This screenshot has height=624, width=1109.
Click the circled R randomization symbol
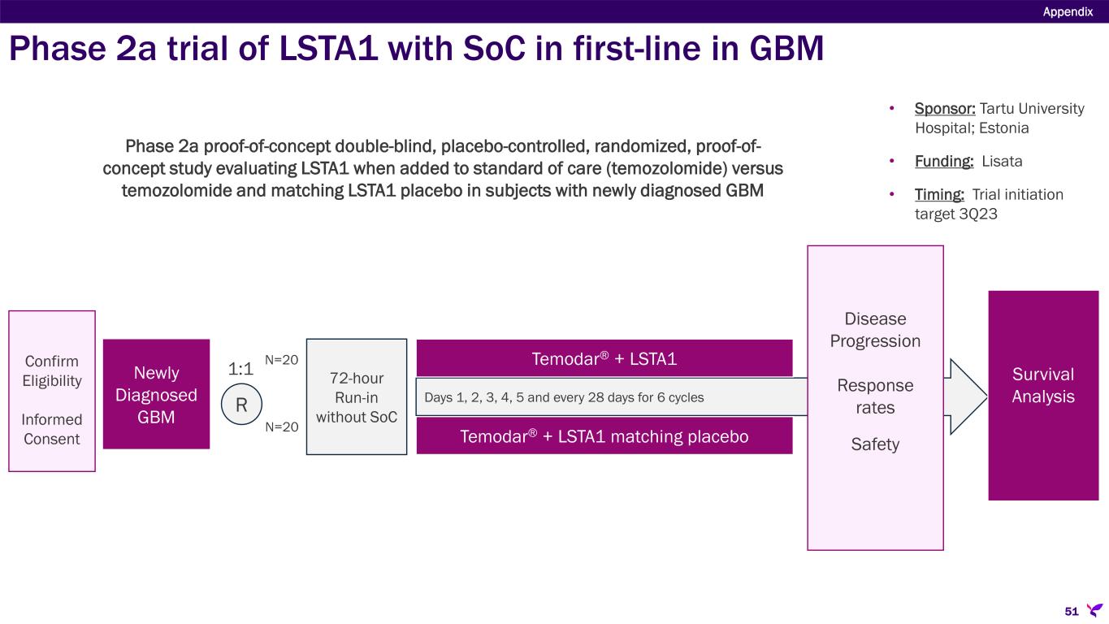click(241, 404)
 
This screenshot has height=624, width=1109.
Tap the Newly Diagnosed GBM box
click(156, 393)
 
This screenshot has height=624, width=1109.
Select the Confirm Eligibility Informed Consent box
click(52, 391)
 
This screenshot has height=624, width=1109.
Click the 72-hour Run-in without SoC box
click(356, 396)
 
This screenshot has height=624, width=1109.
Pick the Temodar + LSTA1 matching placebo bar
click(604, 436)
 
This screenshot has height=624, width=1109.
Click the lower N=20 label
click(282, 427)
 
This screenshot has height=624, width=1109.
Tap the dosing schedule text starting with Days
click(564, 398)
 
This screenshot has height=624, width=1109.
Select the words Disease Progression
click(875, 329)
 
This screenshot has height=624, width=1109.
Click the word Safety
click(875, 444)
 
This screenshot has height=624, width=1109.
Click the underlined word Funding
click(944, 161)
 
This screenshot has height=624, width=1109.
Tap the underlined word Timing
click(940, 195)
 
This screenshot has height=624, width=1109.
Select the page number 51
click(1072, 610)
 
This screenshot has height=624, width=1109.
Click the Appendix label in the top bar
click(1068, 11)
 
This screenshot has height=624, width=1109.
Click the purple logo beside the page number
click(1094, 609)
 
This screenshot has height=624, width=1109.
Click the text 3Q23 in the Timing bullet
click(979, 214)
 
